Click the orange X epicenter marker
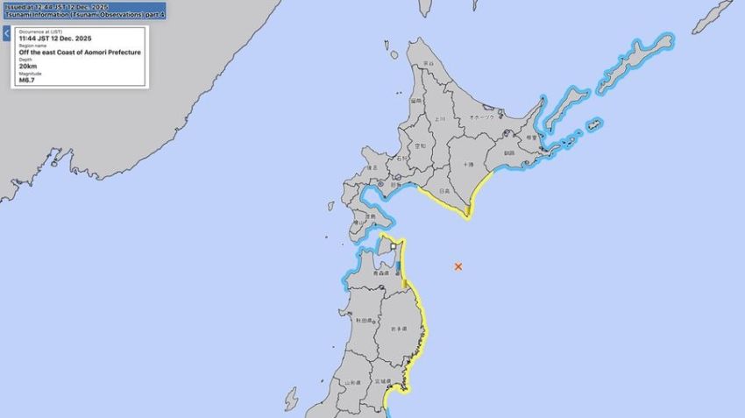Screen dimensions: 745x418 [458, 266]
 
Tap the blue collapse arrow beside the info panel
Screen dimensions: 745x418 [6, 34]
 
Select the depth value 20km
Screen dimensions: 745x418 [28, 66]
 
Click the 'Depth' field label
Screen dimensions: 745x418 [25, 60]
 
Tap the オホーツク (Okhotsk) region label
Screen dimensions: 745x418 [481, 117]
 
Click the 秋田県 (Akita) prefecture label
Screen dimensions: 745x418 [362, 321]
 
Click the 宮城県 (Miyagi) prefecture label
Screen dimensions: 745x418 [382, 381]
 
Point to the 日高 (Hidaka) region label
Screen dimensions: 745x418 [444, 190]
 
